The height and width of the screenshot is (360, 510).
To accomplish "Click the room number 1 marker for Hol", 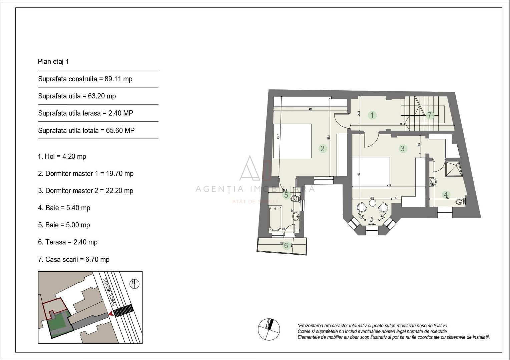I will pyautogui.click(x=372, y=115).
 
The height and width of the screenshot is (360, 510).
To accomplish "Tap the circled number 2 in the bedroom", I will pyautogui.click(x=322, y=148).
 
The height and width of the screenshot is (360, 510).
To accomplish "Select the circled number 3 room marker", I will pyautogui.click(x=403, y=148).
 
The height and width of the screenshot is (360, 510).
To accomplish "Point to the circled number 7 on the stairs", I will pyautogui.click(x=430, y=115).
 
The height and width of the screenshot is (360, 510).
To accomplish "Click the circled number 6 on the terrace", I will pyautogui.click(x=286, y=246).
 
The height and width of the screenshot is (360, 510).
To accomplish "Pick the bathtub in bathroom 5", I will pyautogui.click(x=275, y=218).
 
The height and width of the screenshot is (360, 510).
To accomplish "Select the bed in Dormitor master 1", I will pyautogui.click(x=292, y=141).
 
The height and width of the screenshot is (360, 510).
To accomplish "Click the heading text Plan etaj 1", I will pyautogui.click(x=53, y=62).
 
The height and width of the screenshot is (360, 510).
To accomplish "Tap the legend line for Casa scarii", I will pyautogui.click(x=74, y=259).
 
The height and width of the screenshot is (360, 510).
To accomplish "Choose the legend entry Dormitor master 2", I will pyautogui.click(x=85, y=191).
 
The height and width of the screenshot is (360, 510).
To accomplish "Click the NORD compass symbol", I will pyautogui.click(x=269, y=329).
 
